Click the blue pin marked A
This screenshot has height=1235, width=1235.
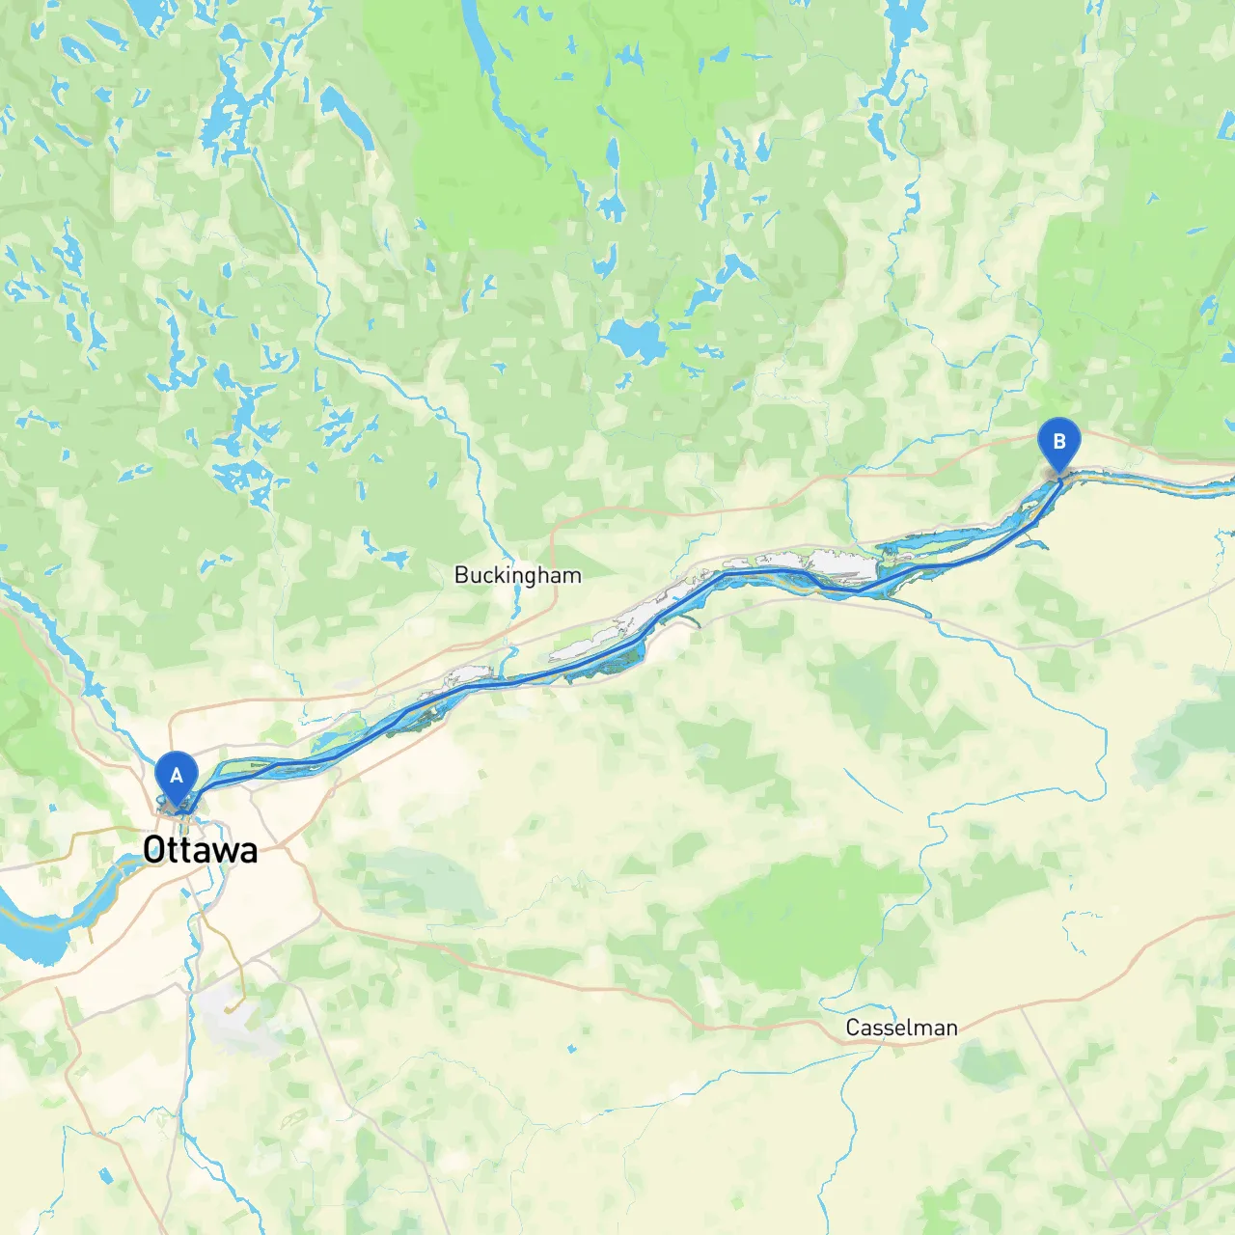pyautogui.click(x=177, y=777)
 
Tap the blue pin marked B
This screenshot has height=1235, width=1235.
pyautogui.click(x=1058, y=443)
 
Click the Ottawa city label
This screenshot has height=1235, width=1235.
pyautogui.click(x=201, y=850)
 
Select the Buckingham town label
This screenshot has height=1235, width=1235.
pyautogui.click(x=518, y=575)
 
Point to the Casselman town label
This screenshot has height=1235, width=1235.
pyautogui.click(x=901, y=1028)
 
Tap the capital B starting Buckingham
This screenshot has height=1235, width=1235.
pyautogui.click(x=461, y=575)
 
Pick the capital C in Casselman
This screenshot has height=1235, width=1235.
pyautogui.click(x=853, y=1028)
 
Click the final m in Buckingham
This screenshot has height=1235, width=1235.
pyautogui.click(x=574, y=576)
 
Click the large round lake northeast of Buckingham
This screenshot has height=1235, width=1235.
pyautogui.click(x=633, y=339)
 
